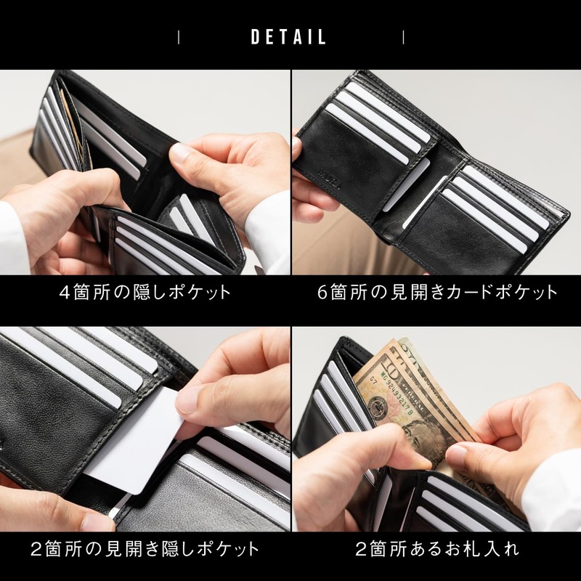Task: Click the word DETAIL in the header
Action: pyautogui.click(x=289, y=37)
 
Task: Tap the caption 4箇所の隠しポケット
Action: pyautogui.click(x=145, y=293)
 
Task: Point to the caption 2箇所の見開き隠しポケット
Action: pyautogui.click(x=145, y=547)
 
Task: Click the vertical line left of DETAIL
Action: pyautogui.click(x=179, y=37)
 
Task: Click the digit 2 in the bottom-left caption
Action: pyautogui.click(x=37, y=547)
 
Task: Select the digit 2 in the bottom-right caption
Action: pyautogui.click(x=360, y=547)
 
